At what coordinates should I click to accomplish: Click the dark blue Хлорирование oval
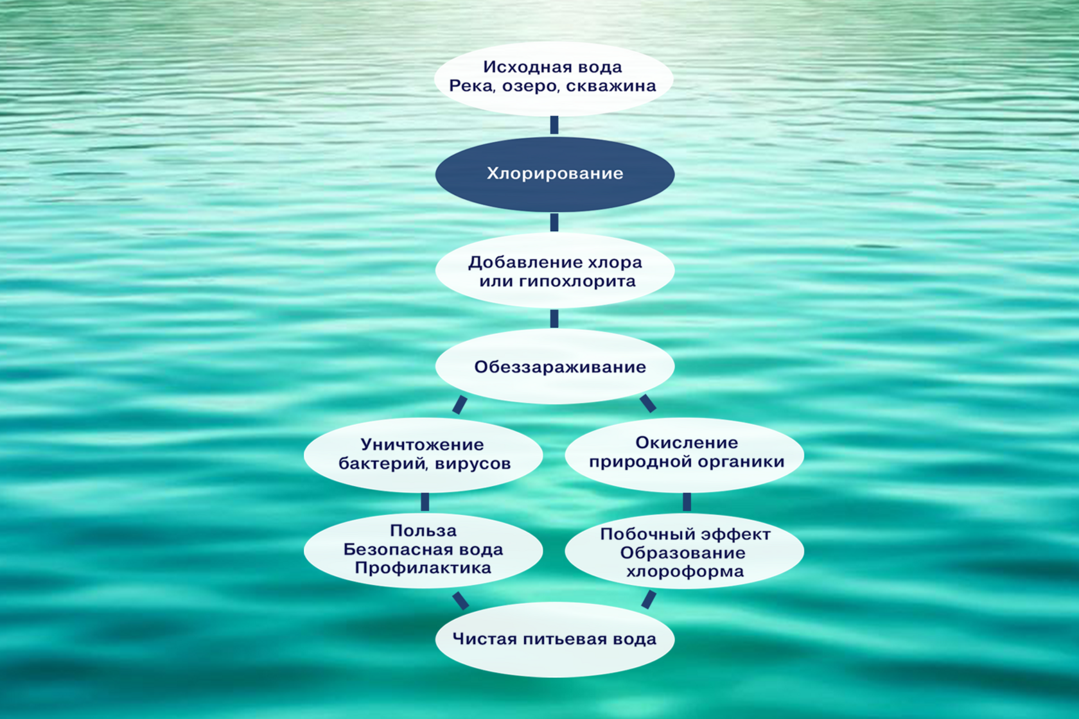(x=554, y=174)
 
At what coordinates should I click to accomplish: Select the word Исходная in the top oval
(x=520, y=67)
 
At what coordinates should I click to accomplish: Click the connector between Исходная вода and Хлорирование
(x=554, y=125)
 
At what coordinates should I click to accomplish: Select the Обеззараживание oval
(x=554, y=367)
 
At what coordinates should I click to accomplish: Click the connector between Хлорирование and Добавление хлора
(x=554, y=222)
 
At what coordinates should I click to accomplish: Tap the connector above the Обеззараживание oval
(x=554, y=318)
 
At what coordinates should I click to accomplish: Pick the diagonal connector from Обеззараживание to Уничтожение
(x=460, y=404)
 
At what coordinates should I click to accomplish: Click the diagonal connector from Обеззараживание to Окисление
(x=648, y=403)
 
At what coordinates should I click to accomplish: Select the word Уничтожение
(x=422, y=444)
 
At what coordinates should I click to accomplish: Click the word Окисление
(x=687, y=442)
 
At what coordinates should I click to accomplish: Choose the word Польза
(x=423, y=531)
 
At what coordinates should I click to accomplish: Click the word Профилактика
(x=423, y=568)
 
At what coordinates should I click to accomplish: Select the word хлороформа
(x=685, y=571)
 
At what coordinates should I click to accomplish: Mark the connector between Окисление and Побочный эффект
(x=687, y=501)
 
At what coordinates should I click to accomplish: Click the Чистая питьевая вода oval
(x=554, y=639)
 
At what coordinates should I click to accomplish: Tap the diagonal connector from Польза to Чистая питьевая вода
(x=460, y=600)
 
